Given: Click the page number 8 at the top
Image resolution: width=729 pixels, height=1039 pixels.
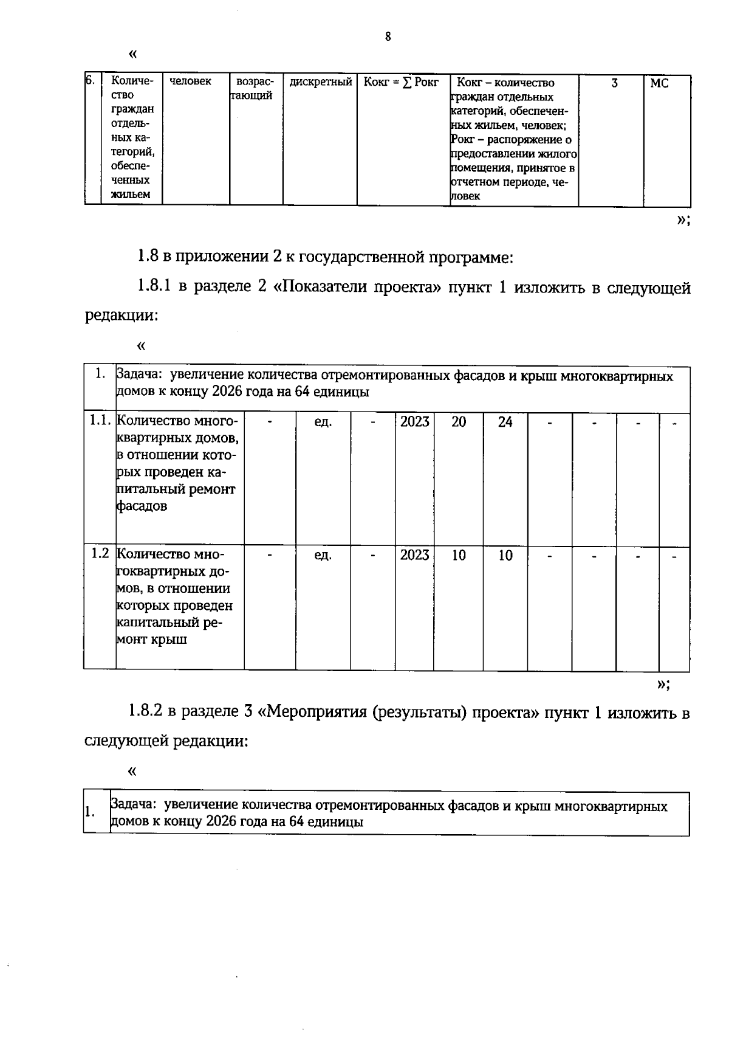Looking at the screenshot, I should click(388, 37).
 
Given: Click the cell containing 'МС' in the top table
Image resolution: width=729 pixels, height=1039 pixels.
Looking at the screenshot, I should click(659, 83).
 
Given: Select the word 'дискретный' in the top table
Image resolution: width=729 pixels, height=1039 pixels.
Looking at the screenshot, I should click(321, 81).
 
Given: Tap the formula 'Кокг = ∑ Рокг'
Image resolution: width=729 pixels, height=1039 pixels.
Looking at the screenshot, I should click(401, 82).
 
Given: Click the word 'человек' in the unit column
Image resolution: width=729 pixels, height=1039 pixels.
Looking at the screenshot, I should click(190, 81).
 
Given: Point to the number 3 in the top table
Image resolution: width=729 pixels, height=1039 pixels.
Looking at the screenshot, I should click(614, 83).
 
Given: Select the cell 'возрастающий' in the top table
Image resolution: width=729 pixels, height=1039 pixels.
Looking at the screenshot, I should click(255, 89).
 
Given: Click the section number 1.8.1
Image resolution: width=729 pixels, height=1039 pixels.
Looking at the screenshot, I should click(155, 286).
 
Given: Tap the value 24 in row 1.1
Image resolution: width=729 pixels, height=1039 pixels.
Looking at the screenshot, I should click(505, 422).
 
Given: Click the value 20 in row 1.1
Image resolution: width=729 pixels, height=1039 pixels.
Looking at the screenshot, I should click(459, 422).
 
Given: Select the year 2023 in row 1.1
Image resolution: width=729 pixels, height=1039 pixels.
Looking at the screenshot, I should click(414, 422).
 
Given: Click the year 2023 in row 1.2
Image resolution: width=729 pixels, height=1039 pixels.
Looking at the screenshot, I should click(414, 555).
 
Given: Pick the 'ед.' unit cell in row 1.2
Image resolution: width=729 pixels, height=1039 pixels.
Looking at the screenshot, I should click(323, 555).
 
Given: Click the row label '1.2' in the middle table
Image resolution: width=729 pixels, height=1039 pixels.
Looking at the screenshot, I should click(100, 553).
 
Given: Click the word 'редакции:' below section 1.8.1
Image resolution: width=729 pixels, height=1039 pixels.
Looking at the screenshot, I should click(121, 316).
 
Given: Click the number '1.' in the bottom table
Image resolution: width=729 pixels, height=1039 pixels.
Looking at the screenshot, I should click(90, 812).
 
